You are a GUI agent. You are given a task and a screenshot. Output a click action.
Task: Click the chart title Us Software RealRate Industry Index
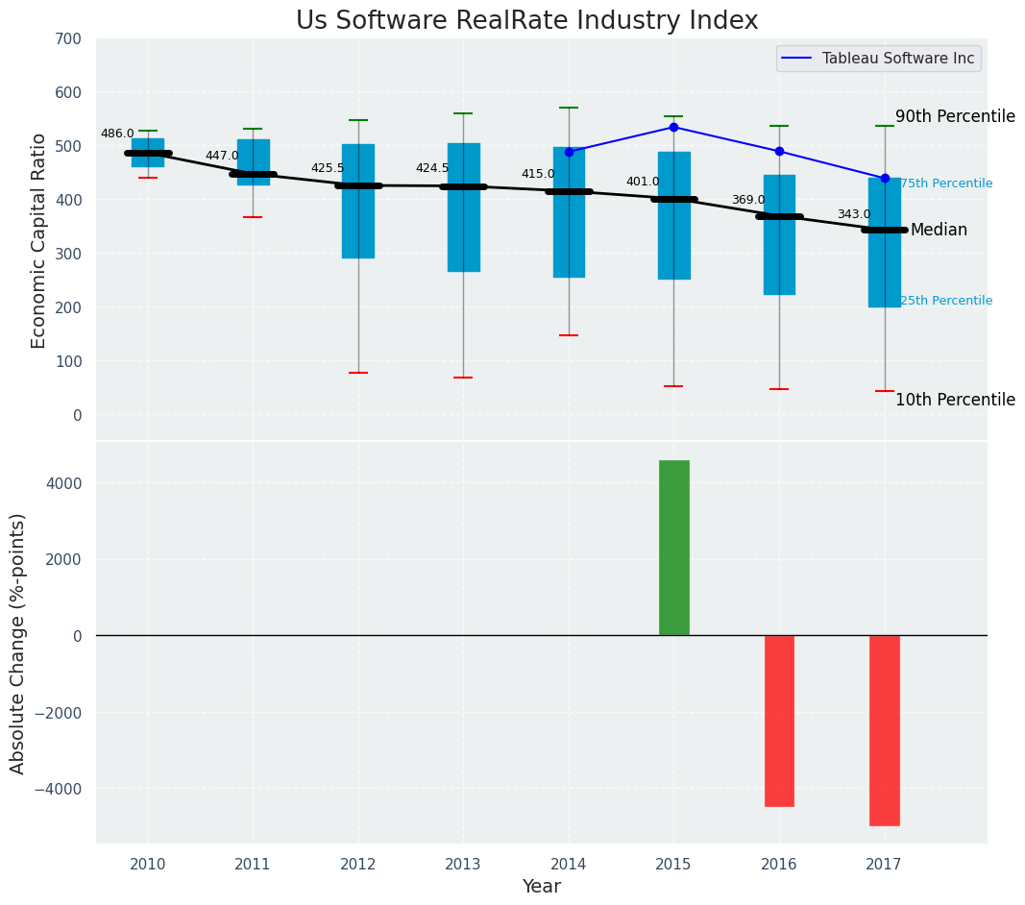[x=526, y=21]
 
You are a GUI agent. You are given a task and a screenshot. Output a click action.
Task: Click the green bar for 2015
[x=673, y=548]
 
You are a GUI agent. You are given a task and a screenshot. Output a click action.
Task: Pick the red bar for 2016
[x=779, y=721]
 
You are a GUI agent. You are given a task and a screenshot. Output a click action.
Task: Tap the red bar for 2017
[x=884, y=730]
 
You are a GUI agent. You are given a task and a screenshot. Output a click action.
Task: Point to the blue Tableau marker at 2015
[x=673, y=127]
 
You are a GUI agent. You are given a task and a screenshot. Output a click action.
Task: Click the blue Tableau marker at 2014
[x=569, y=152]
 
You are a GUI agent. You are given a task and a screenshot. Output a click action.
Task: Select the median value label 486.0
[x=117, y=135]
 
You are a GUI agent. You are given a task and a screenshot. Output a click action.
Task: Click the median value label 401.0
[x=643, y=183]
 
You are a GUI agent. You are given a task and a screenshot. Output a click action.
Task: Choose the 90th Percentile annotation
[x=955, y=117]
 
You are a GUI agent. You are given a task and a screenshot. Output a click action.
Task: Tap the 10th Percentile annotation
[x=955, y=401]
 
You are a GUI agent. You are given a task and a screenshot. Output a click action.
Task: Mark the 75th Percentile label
[x=946, y=183]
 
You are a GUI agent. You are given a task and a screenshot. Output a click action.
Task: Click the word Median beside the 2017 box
[x=939, y=231]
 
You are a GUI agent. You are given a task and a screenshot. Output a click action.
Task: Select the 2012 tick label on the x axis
[x=358, y=865]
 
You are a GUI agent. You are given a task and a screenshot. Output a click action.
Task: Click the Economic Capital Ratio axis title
[x=39, y=240]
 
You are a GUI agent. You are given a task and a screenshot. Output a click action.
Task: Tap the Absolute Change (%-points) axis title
[x=18, y=643]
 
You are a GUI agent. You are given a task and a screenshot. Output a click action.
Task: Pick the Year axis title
[x=541, y=887]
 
